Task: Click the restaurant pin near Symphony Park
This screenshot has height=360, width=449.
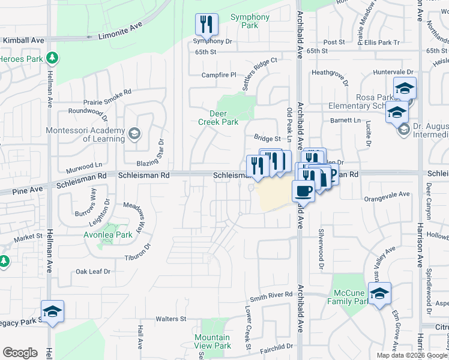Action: [206, 25]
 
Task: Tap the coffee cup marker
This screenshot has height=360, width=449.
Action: [303, 191]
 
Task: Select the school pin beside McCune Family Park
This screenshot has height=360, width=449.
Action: [379, 293]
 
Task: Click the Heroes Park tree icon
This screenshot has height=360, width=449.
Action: [53, 58]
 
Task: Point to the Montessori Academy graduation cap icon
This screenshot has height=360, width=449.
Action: [134, 133]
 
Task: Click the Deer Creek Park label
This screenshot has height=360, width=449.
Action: [218, 118]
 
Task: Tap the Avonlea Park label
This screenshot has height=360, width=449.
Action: [108, 235]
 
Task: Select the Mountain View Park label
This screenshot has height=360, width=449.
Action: [212, 341]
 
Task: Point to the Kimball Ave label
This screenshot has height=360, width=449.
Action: [24, 40]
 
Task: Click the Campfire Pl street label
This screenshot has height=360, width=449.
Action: [219, 75]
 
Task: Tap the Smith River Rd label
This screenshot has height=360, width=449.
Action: [271, 295]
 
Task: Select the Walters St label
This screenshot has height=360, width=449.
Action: [171, 319]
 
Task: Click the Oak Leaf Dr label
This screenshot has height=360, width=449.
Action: [94, 272]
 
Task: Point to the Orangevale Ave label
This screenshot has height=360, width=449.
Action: [387, 194]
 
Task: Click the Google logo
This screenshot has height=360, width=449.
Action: [20, 353]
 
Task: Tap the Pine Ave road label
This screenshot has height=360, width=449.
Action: [28, 190]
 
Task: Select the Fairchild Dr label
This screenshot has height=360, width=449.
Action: [276, 346]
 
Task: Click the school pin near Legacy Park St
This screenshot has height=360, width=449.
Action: [52, 312]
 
